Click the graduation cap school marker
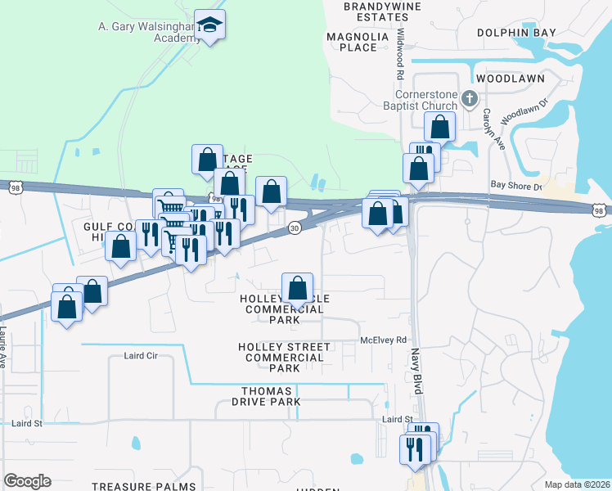210,25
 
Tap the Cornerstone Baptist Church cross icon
469,99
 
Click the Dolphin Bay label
516,33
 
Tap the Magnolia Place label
351,42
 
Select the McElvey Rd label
384,340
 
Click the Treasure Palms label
144,486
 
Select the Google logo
28,480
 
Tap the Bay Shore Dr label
515,187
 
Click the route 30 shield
294,229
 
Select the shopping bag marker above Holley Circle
298,288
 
